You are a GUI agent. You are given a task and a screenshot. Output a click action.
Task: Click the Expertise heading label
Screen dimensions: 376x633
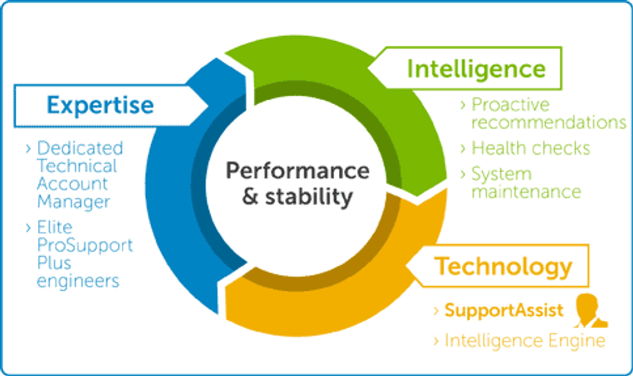coord(100,105)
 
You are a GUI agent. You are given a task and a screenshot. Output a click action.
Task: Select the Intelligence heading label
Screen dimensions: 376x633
coord(476,69)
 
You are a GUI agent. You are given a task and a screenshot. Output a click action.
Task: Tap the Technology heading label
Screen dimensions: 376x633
coord(503,266)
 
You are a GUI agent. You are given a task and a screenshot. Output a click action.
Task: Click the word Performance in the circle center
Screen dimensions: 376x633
coord(298,170)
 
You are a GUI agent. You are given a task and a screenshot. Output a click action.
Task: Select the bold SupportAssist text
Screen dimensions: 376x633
coord(504,310)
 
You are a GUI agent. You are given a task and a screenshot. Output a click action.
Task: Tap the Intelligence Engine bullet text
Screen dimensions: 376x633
coord(525,340)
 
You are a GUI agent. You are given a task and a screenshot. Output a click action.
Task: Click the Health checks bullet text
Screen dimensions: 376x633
coord(531,148)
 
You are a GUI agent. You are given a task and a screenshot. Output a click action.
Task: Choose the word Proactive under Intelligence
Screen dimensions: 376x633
coord(510,105)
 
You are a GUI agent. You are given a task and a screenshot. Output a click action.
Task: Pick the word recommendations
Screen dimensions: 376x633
coord(549,122)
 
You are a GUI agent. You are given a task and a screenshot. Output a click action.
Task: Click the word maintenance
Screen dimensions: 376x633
coord(526,192)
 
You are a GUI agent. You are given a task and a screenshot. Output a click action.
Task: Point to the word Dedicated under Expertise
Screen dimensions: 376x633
coord(80,148)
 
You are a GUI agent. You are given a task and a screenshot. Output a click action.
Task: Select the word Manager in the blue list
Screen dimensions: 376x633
coord(73,201)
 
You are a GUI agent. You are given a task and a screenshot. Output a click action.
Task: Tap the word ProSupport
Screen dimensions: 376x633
coord(85,245)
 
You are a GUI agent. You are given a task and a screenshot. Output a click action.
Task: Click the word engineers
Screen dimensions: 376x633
coord(78,280)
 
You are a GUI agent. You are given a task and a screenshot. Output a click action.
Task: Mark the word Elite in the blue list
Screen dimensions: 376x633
coord(55,228)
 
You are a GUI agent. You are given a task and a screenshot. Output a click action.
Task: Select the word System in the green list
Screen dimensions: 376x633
coord(501,174)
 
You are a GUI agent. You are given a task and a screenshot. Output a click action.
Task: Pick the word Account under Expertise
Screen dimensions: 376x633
coord(72,183)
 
